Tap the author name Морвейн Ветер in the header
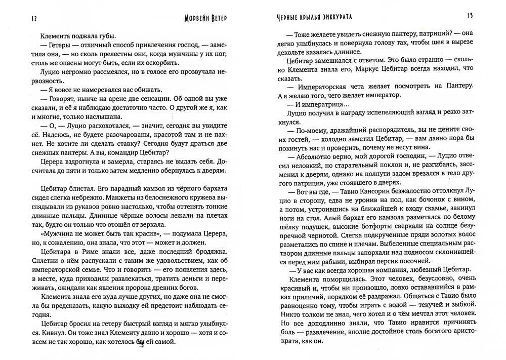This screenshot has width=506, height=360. [204, 18]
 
